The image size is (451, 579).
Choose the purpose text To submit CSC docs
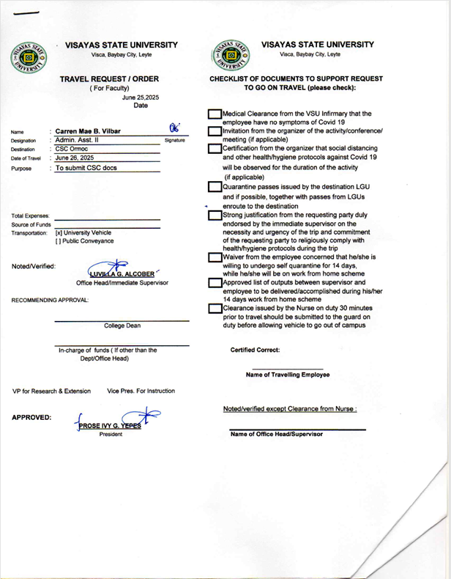point(86,168)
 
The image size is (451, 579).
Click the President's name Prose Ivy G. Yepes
point(110,426)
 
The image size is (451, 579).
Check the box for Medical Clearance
point(215,115)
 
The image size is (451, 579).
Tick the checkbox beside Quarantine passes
point(215,187)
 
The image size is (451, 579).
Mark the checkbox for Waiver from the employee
point(215,258)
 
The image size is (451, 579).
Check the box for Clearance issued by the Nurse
point(215,310)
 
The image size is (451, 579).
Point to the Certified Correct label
point(254,350)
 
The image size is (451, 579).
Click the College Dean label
point(122,325)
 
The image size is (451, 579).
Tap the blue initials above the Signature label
point(174,127)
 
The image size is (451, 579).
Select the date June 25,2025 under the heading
point(141,97)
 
